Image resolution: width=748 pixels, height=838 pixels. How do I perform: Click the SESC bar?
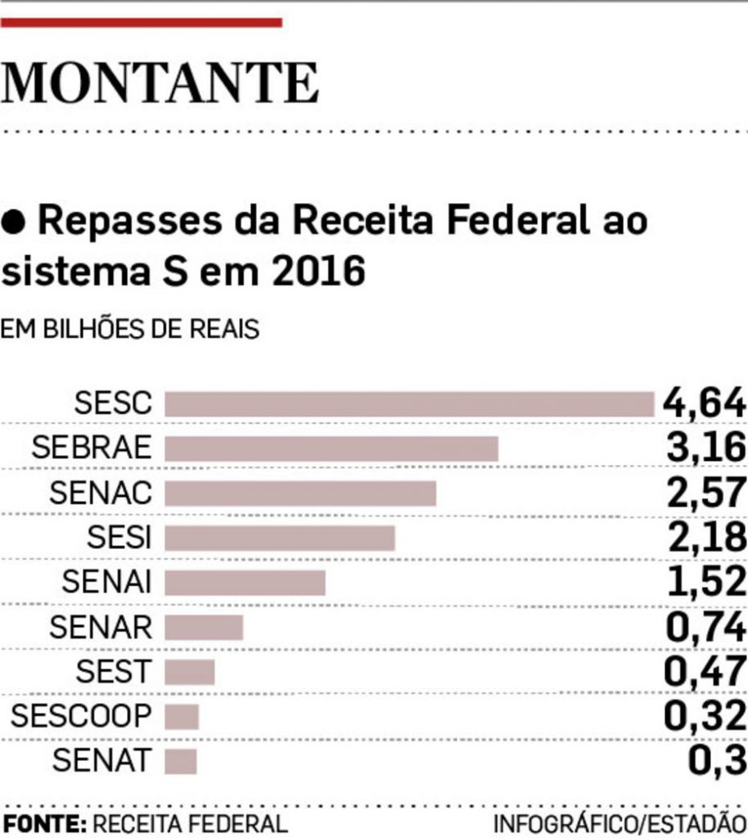(409, 404)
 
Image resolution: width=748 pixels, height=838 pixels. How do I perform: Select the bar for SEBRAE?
(331, 448)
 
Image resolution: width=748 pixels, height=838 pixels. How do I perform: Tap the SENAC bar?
(300, 493)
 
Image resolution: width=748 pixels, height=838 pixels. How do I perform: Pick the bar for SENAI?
(245, 583)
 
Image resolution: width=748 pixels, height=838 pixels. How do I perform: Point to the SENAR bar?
(204, 627)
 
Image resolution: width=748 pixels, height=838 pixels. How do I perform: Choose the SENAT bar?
(181, 761)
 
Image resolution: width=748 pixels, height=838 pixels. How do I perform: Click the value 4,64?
(705, 403)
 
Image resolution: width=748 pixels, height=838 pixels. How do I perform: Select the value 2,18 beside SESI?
(705, 538)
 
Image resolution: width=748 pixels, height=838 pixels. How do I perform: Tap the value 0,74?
(705, 627)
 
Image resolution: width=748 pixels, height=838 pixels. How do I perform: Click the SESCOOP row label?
(81, 717)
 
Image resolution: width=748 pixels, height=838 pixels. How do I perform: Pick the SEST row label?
(114, 672)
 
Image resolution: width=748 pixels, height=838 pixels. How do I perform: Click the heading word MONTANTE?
(160, 83)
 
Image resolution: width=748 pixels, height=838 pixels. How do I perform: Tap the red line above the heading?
(141, 23)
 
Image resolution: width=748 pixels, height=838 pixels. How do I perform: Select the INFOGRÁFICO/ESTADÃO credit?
(620, 823)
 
